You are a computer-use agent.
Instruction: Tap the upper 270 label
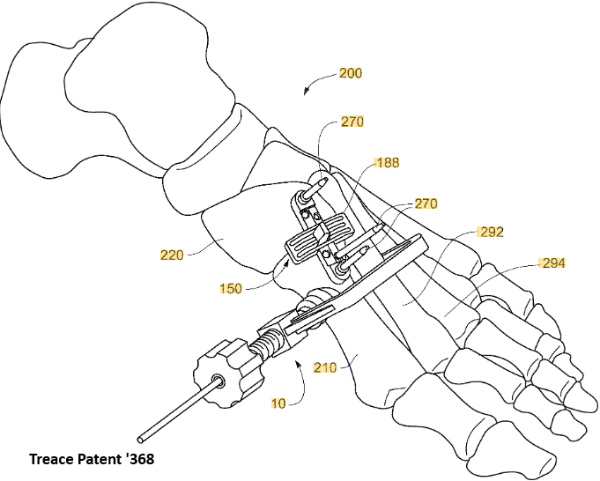point(352,122)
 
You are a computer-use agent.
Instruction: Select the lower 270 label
point(426,203)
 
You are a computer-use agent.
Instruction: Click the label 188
point(388,163)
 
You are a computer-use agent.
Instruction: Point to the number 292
point(491,233)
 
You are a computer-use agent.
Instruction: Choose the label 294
point(553,263)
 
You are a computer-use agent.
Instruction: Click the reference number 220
point(172,255)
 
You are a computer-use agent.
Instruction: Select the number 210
point(326,366)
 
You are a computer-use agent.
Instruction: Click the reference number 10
point(278,403)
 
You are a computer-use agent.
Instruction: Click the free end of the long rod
point(142,437)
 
